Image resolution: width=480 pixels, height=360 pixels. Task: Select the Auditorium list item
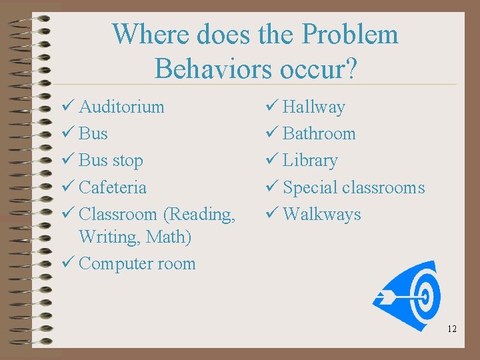click(121, 107)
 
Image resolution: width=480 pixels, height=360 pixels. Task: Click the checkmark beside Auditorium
click(67, 107)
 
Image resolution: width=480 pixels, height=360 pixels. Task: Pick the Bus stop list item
click(111, 161)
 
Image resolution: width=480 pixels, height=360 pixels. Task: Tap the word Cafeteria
click(113, 187)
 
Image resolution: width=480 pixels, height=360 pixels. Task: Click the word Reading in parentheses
click(199, 214)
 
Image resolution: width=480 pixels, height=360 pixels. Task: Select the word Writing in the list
click(103, 237)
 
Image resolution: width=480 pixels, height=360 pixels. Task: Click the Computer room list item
click(137, 263)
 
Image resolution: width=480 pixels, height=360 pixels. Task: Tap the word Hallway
click(314, 107)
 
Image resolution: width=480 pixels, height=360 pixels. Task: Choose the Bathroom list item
click(319, 133)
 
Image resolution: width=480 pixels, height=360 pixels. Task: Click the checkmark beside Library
click(271, 161)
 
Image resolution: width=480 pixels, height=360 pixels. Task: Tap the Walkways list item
click(322, 214)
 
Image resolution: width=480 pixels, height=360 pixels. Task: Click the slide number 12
click(452, 329)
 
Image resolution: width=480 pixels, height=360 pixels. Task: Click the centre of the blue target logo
click(422, 295)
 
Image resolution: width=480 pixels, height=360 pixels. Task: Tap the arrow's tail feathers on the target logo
click(383, 296)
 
